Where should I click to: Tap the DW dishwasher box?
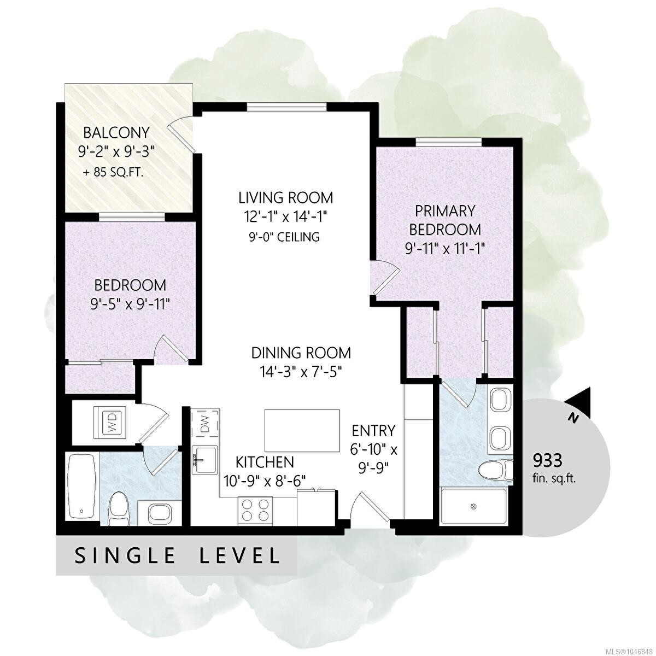205,422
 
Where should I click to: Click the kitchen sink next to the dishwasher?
204,460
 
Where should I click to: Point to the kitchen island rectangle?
302,430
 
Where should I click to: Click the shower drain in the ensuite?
473,507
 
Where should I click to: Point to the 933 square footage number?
547,461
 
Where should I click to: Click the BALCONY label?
116,133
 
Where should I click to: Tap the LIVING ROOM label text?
285,197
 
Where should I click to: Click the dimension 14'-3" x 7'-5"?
301,372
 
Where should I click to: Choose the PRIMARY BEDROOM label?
444,220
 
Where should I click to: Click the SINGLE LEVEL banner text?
177,555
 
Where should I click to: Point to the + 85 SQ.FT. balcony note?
113,173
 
